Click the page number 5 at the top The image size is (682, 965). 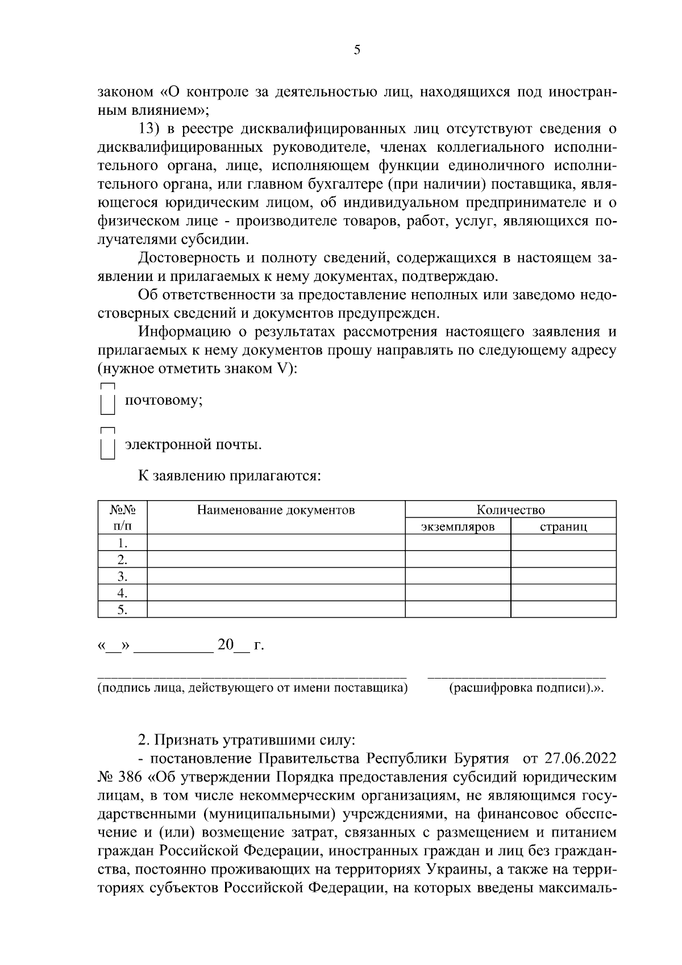[x=356, y=50]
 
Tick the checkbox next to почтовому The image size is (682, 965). [x=108, y=402]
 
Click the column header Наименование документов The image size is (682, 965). [x=276, y=510]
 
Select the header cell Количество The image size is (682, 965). [x=510, y=509]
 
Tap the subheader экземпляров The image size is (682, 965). [x=458, y=526]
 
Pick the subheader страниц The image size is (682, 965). [x=563, y=526]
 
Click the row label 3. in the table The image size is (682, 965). [x=122, y=576]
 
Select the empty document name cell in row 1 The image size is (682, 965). [x=276, y=543]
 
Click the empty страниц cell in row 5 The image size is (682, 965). [x=563, y=610]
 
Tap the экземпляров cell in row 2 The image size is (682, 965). [x=458, y=559]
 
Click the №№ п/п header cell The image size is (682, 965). [x=122, y=518]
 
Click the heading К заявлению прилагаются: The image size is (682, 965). [x=230, y=476]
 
